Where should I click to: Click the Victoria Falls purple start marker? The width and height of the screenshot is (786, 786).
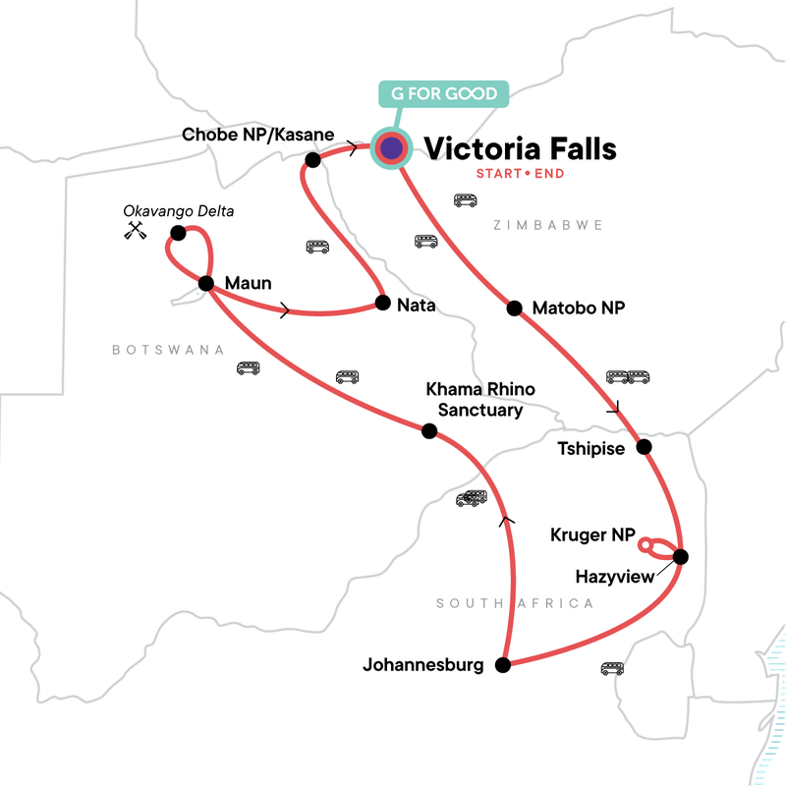[x=392, y=148]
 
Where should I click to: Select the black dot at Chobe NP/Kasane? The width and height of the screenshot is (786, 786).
[x=312, y=160]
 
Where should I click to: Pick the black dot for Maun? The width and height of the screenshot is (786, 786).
[x=206, y=283]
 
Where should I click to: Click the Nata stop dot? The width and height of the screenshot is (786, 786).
[x=381, y=303]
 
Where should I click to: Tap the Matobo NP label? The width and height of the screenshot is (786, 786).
[x=578, y=309]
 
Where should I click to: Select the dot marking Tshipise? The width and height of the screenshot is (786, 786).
[x=645, y=447]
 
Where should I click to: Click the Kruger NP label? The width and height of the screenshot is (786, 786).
[x=591, y=534]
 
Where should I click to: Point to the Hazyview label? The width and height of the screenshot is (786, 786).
[x=613, y=576]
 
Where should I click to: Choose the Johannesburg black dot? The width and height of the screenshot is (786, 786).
[x=503, y=665]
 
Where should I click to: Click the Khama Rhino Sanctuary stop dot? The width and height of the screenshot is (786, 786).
[x=428, y=430]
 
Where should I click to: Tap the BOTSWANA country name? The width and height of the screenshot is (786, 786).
[x=168, y=350]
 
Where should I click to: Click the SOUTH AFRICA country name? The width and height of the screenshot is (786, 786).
[x=515, y=603]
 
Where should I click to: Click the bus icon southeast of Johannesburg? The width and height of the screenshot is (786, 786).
[x=612, y=668]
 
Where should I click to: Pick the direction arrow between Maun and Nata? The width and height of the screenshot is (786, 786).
[x=285, y=311]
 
